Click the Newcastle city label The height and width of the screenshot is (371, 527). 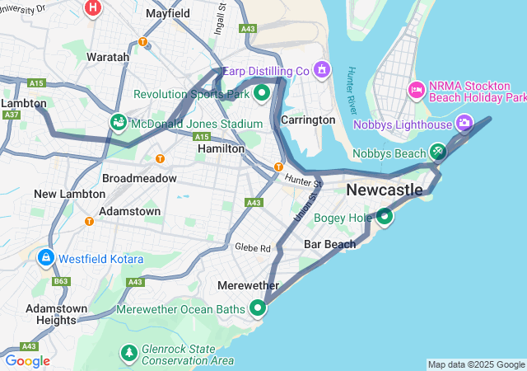[x=385, y=190]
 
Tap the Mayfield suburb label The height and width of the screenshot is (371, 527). [x=167, y=14]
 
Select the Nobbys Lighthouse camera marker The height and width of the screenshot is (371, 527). [x=464, y=124]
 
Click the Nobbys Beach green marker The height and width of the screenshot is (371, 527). [x=438, y=152]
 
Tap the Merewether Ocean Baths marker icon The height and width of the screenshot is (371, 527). [x=258, y=308]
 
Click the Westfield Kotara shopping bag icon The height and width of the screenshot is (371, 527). [x=45, y=258]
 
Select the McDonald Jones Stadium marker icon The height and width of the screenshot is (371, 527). [x=119, y=124]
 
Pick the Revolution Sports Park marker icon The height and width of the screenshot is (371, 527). [x=263, y=92]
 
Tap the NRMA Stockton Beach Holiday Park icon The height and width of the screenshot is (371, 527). [x=417, y=89]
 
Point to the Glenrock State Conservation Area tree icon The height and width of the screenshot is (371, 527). [x=128, y=353]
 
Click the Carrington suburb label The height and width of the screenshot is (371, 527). [x=308, y=120]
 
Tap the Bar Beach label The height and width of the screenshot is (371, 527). [x=329, y=244]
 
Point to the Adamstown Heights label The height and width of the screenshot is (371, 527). [x=57, y=313]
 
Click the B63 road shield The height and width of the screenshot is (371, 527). [x=62, y=282]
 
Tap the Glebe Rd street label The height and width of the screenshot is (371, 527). [x=253, y=247]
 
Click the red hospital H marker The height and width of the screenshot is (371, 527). [x=93, y=8]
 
